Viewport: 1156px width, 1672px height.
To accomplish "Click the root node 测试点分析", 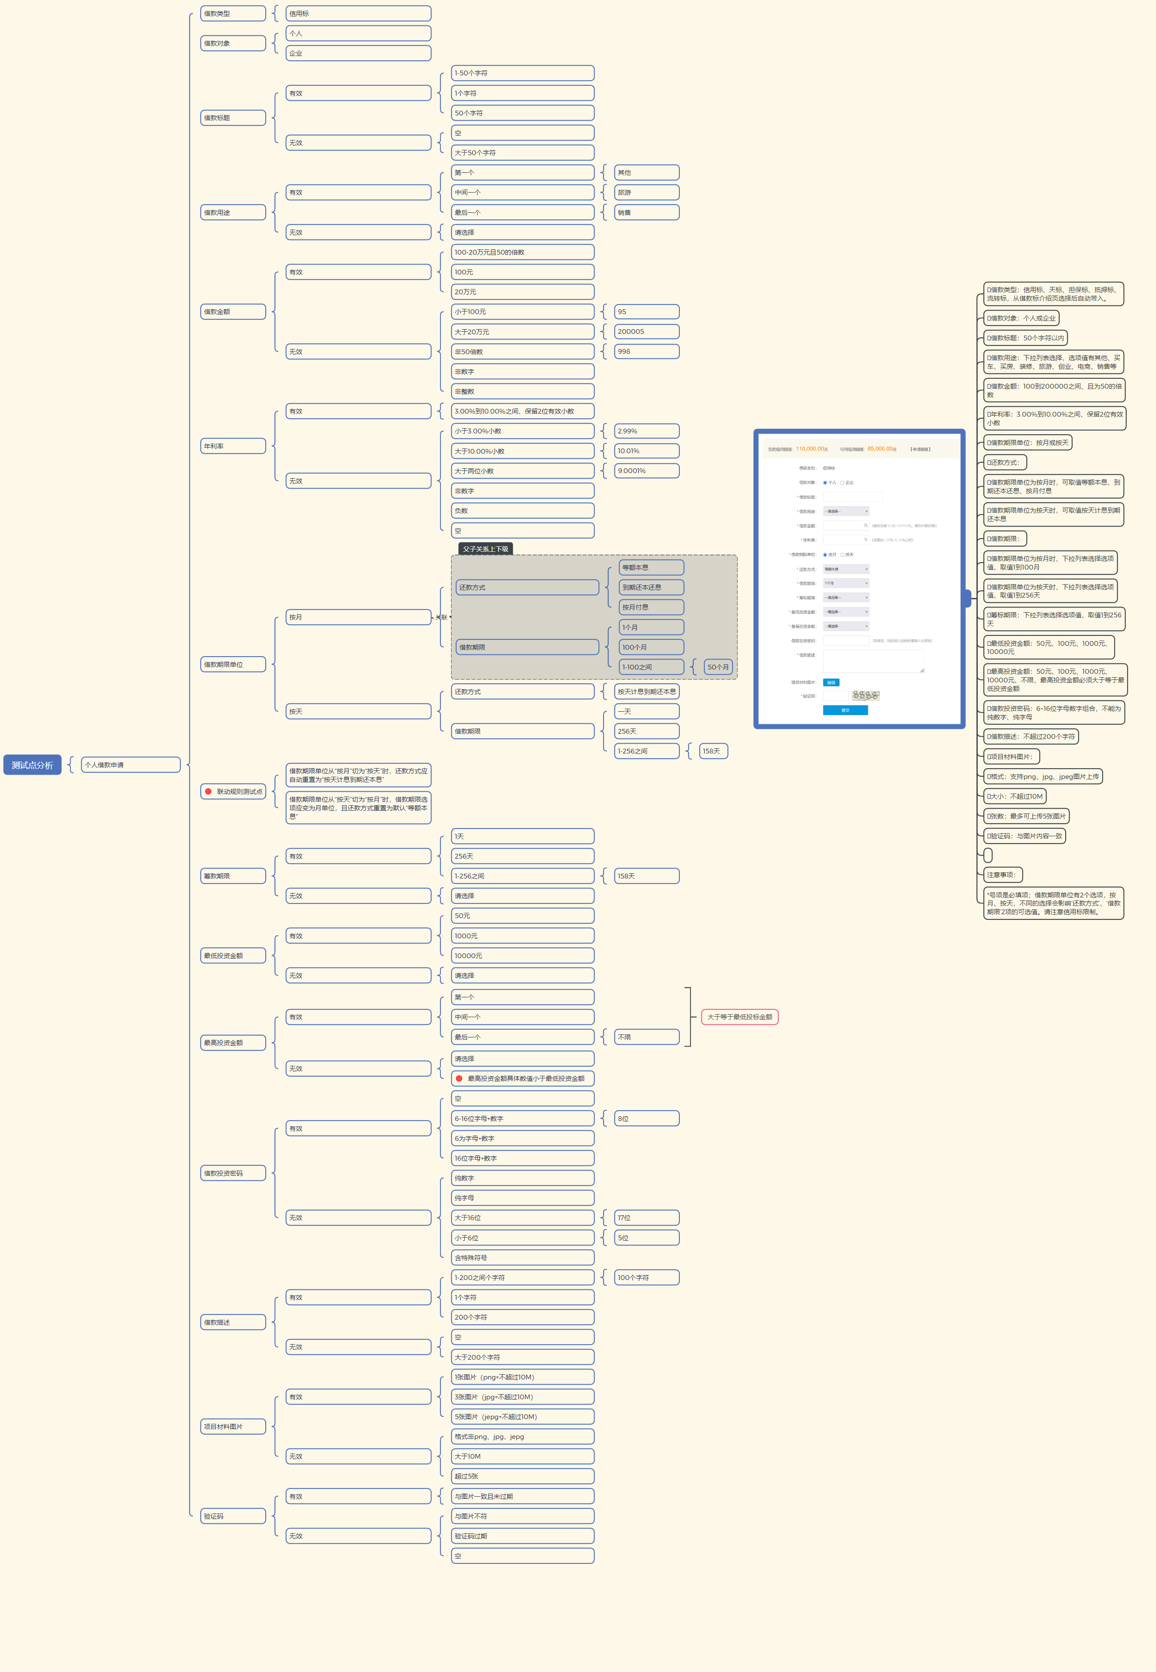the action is [x=32, y=765].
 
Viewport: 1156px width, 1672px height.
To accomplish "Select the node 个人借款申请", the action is [x=130, y=765].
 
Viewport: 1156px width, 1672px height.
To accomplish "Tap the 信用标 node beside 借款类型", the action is [x=358, y=13].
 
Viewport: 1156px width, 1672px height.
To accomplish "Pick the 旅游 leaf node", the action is [x=646, y=192].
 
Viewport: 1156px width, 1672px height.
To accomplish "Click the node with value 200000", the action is [x=646, y=331].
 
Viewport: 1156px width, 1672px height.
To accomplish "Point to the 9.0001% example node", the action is [x=646, y=470].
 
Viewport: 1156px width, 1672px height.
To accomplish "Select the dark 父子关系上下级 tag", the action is [x=485, y=548].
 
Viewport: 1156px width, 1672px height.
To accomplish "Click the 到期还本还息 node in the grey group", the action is [x=651, y=587].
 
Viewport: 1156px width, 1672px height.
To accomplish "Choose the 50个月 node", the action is [x=718, y=667].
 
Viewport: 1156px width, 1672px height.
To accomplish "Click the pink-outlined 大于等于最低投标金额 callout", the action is [x=740, y=1017].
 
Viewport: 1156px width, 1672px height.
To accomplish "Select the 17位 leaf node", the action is [x=646, y=1217].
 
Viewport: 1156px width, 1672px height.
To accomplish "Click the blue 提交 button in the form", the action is [x=845, y=710].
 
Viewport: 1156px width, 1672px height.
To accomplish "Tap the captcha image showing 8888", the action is [x=865, y=695].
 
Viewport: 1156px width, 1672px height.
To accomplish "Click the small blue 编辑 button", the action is [x=831, y=682].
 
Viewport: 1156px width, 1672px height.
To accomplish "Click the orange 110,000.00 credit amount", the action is [x=811, y=448].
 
